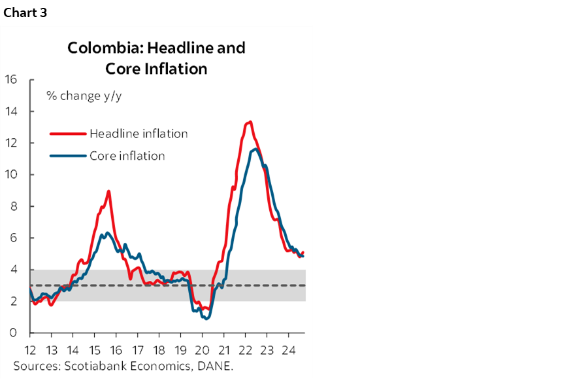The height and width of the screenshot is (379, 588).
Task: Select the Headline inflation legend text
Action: pos(139,134)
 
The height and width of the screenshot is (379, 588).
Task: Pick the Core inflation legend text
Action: pos(127,156)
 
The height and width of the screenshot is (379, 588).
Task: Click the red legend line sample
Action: pos(68,134)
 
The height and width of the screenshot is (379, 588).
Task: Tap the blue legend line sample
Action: pos(68,156)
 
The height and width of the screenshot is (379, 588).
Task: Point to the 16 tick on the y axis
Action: pos(10,80)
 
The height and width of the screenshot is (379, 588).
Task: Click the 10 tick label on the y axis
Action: pos(10,175)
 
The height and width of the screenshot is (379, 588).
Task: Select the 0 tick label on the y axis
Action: pos(14,333)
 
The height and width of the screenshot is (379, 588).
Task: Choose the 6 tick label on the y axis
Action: pos(14,238)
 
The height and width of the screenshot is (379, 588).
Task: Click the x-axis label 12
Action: pos(31,350)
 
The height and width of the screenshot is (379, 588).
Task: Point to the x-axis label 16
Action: pos(116,350)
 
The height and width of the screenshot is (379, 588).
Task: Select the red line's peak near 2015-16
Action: pos(108,191)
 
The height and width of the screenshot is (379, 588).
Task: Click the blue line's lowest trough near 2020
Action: pos(207,318)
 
